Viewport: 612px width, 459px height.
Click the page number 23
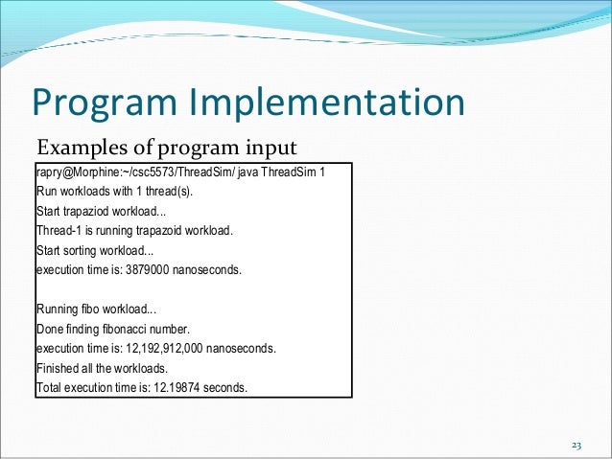577,446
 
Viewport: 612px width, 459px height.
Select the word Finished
59,369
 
